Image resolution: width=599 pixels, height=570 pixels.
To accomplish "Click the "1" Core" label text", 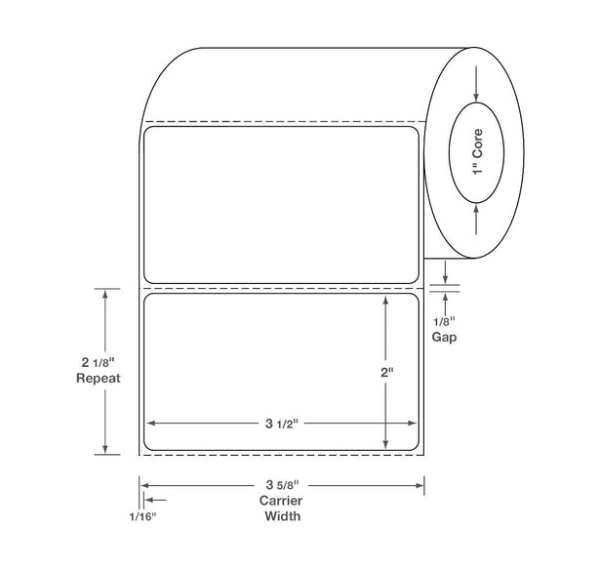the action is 477,151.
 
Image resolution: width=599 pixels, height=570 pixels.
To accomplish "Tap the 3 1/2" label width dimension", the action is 282,424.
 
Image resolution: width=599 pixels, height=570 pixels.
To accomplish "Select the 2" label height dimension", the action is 386,372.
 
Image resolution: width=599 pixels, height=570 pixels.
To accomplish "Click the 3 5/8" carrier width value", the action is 282,485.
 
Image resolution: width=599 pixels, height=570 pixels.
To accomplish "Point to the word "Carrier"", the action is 281,501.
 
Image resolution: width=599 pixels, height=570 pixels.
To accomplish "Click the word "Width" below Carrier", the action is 282,516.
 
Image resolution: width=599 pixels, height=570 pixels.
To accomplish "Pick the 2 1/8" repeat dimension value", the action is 98,362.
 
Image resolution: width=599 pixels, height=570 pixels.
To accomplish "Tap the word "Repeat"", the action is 99,378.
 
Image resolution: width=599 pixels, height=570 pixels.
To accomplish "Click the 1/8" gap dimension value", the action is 444,321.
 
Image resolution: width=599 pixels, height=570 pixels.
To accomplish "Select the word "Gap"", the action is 444,337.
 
